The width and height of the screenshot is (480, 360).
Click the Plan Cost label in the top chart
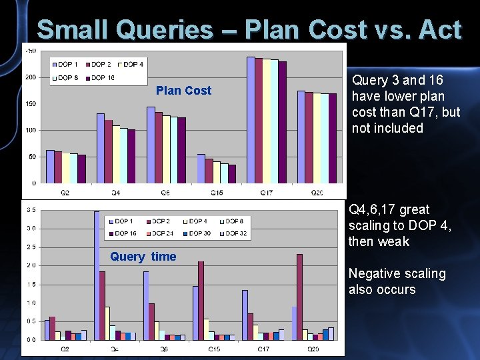click(183, 91)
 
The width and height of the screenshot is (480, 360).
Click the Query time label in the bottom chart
click(143, 257)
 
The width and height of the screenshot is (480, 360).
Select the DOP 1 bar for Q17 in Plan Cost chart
click(251, 120)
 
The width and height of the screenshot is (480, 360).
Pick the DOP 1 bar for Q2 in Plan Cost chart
click(50, 167)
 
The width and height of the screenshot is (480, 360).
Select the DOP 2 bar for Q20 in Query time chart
click(299, 297)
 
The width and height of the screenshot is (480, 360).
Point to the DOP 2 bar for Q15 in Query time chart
click(201, 300)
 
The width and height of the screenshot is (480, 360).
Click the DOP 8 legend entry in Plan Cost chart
click(69, 78)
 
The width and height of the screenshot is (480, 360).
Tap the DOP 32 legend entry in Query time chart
click(237, 233)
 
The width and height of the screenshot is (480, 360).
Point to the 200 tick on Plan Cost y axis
click(31, 77)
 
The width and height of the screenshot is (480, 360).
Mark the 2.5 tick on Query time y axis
click(31, 247)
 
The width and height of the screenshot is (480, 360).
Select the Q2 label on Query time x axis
click(65, 349)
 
